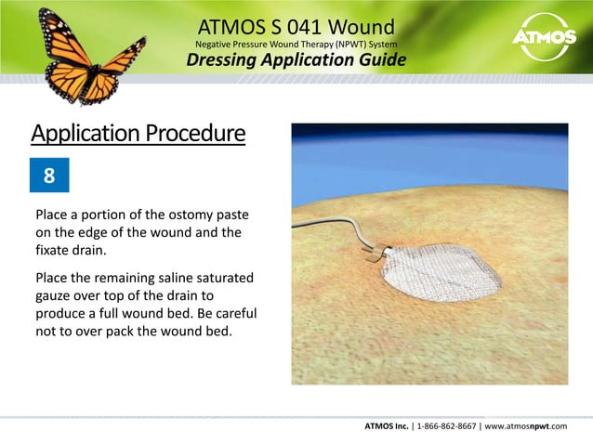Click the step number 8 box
(x=48, y=176)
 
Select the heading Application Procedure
(x=138, y=135)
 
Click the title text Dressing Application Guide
(x=296, y=61)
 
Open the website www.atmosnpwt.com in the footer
(x=534, y=426)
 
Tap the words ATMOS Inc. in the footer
(x=389, y=426)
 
